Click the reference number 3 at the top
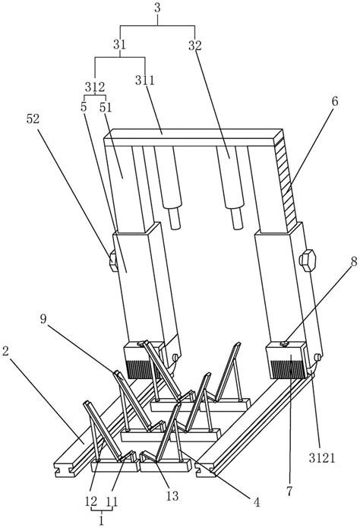coord(157,8)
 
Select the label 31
coord(119,44)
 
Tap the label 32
coord(194,45)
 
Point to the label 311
coord(145,80)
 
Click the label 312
coord(95,87)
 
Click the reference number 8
coord(354,262)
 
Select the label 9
coord(43,319)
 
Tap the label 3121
coord(321,457)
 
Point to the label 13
coord(172,495)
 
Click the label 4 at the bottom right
coord(257,503)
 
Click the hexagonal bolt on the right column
coord(307,260)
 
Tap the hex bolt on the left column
coord(113,261)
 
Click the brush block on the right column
coord(287,361)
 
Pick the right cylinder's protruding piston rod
coord(237,217)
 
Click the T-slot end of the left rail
coord(65,468)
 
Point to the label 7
coord(289,491)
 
